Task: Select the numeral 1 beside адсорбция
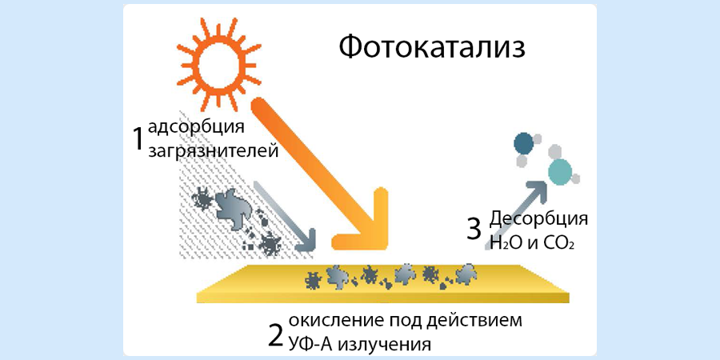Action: point(138,138)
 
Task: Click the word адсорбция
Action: point(195,128)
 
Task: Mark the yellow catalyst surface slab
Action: point(384,284)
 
